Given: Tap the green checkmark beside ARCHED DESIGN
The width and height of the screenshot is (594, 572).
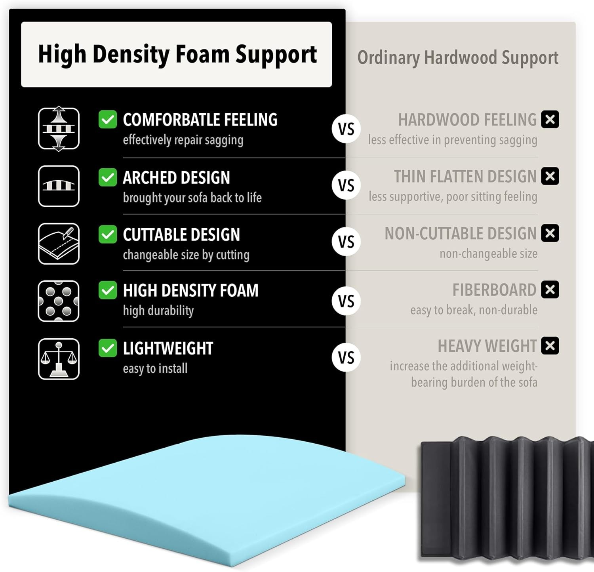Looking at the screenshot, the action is coord(108,177).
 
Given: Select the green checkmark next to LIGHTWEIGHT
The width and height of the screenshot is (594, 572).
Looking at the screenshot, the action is coord(108,348).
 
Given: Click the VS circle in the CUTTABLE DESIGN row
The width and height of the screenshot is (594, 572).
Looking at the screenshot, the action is coord(346,242).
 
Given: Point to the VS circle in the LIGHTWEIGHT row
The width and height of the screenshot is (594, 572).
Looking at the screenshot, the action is coord(346,358).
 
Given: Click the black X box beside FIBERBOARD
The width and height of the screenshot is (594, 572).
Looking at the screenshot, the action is coord(550,290).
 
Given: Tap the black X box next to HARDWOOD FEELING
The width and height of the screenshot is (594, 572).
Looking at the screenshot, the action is coord(550,119).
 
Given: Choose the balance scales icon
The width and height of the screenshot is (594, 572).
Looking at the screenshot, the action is coord(59,359).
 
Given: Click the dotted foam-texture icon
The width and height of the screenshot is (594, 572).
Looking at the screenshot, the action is coord(59,301).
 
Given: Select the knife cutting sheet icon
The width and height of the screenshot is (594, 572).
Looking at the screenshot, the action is coord(59,244).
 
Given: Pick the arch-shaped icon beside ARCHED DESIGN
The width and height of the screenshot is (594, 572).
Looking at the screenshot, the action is coord(59,186).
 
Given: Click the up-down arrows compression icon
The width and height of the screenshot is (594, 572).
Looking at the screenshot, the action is coord(59,128).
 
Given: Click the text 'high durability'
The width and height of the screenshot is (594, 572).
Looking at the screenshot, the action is coord(158,311).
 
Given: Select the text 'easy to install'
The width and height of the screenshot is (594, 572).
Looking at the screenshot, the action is coord(155,369).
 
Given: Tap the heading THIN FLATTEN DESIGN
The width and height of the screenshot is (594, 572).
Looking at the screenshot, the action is coord(465,177).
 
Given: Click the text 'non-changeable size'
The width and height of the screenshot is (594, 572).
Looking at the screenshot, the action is coord(489,254).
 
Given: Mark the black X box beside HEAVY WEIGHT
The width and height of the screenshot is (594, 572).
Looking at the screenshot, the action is coord(550,345).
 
